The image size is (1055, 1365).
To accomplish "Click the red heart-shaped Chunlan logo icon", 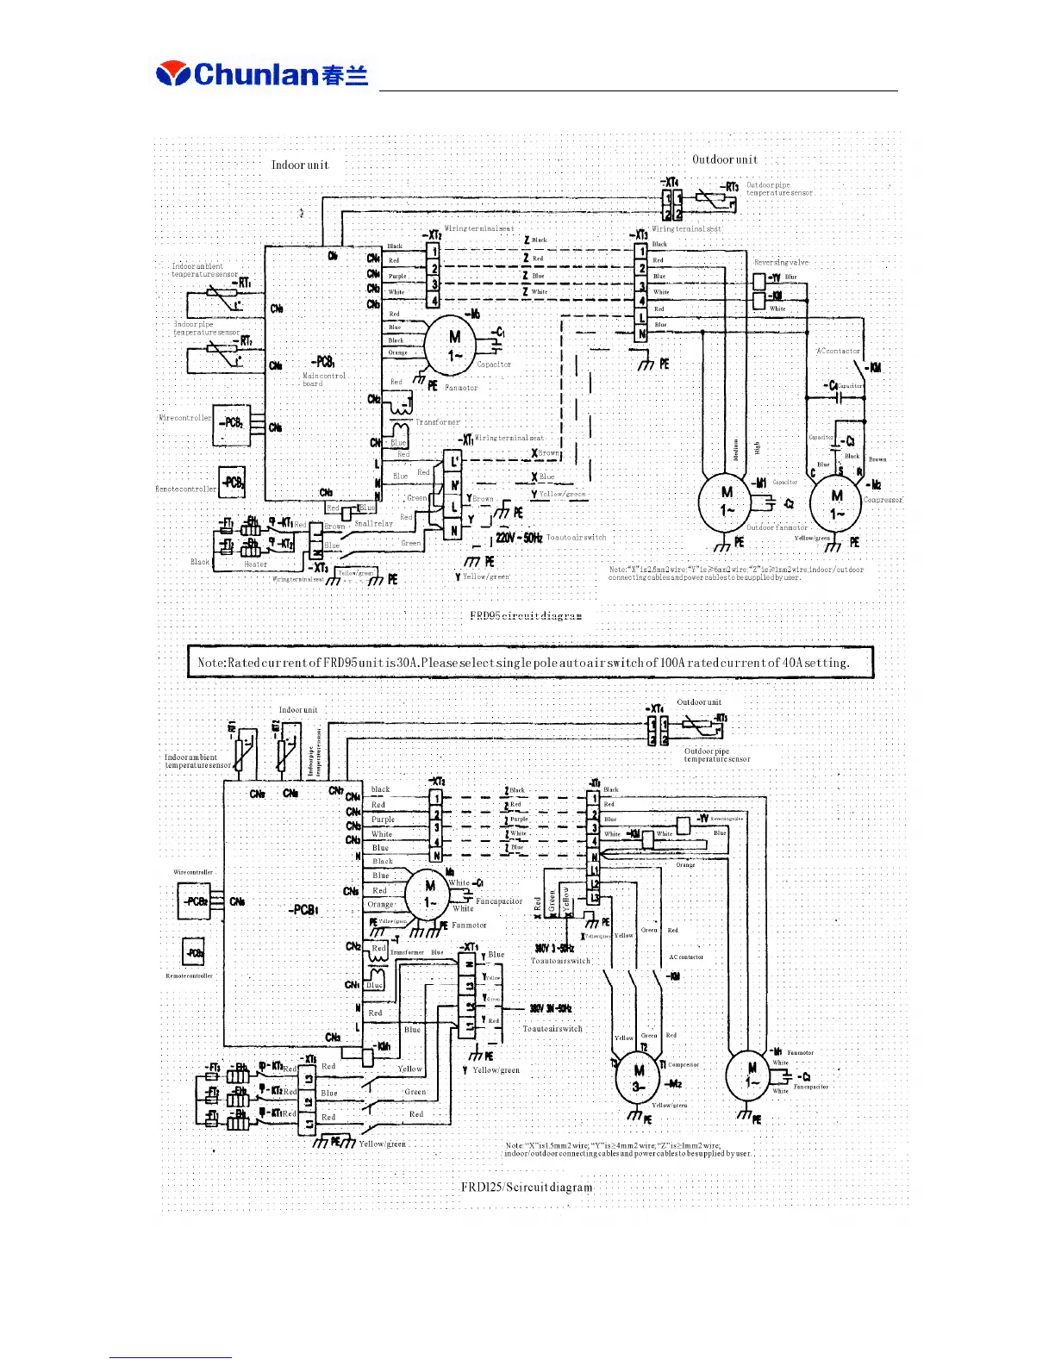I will click(172, 74).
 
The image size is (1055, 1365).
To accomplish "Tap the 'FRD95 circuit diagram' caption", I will click(526, 615).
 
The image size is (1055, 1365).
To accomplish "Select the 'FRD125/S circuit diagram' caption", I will click(527, 1187).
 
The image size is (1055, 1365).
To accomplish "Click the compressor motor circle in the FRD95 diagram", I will click(837, 504).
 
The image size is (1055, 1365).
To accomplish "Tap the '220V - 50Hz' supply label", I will click(519, 538).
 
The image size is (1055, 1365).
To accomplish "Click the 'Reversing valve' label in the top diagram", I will click(781, 262).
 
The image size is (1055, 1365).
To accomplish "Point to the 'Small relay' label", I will click(373, 523).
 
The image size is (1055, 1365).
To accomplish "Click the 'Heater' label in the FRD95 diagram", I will click(256, 564).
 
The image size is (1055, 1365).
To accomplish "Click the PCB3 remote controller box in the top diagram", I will click(232, 482).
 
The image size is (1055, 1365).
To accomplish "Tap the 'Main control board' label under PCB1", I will click(324, 379).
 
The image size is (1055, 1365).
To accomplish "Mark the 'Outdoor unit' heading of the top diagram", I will click(725, 159).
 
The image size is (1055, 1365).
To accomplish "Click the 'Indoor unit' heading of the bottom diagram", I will click(298, 710).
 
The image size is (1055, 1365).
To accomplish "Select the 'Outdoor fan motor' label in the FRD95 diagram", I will click(777, 527).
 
